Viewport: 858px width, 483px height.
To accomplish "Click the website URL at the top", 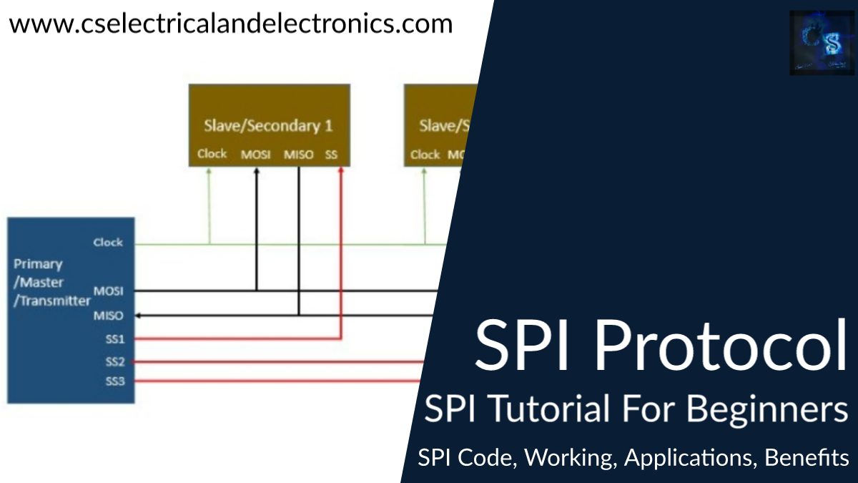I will [231, 24].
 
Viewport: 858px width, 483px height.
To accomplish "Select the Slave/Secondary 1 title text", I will [268, 126].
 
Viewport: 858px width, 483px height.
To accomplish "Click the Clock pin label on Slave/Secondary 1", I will [212, 154].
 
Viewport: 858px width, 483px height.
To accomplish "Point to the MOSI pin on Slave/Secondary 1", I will [255, 155].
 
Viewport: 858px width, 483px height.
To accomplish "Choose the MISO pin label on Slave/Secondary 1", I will [299, 155].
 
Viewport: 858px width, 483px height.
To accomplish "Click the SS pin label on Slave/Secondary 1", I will [332, 155].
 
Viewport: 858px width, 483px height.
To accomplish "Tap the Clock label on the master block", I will [108, 243].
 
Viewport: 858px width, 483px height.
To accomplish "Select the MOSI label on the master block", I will [108, 292].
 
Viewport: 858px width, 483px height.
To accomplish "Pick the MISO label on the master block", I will [108, 316].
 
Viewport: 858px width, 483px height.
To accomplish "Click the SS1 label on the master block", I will [114, 338].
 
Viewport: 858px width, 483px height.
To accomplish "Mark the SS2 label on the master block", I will [114, 362].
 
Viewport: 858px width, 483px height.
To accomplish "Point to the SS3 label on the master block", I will [114, 381].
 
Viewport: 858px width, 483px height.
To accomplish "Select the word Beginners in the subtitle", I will [763, 411].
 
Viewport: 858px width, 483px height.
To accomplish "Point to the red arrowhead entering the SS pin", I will [342, 171].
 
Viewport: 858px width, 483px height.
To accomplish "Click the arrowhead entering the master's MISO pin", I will [138, 316].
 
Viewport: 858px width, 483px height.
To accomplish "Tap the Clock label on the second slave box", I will [425, 155].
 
